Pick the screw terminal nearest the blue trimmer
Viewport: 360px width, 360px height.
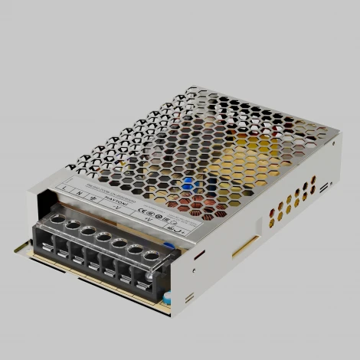click(x=152, y=256)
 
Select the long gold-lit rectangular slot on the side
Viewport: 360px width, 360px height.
click(x=246, y=245)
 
